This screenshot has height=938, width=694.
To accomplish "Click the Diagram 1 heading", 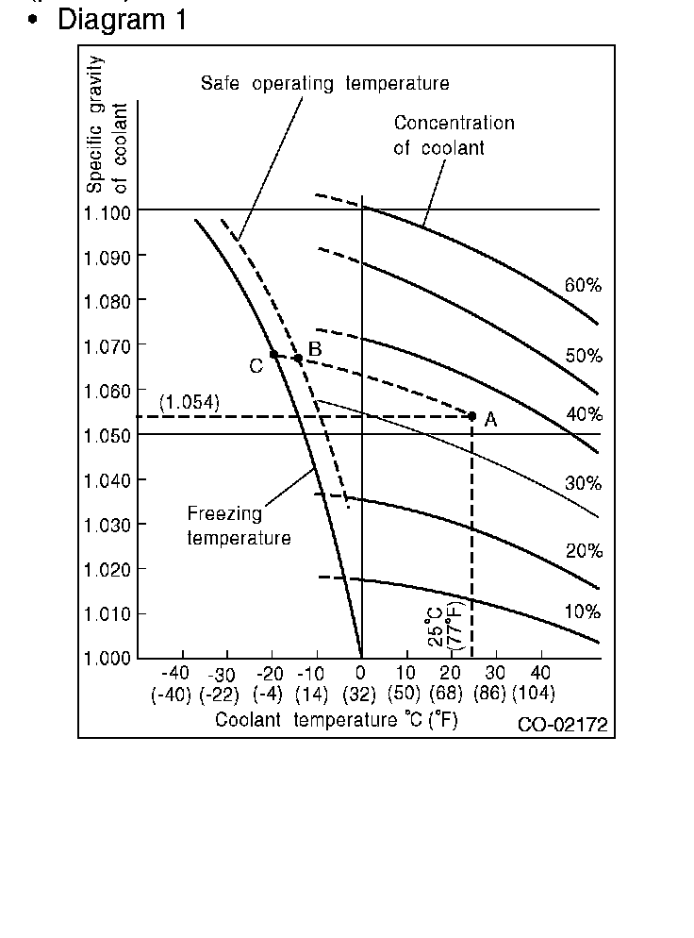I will [x=122, y=19].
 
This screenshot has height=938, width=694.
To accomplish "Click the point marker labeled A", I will [x=472, y=415].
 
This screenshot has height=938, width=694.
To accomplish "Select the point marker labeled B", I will [x=298, y=358].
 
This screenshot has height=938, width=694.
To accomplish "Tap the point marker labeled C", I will [x=273, y=355].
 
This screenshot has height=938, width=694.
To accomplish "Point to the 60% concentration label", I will [x=583, y=285].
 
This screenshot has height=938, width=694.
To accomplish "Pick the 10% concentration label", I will [x=583, y=611].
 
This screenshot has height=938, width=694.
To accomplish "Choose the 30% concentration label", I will [x=583, y=483].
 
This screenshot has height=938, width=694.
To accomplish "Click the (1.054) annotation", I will [x=190, y=402].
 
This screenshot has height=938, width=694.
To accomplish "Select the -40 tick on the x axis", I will [x=175, y=673].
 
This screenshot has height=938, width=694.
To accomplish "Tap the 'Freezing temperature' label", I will [x=239, y=526].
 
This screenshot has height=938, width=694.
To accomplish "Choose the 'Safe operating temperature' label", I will [x=324, y=83].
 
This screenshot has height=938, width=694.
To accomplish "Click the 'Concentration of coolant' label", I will [x=454, y=135].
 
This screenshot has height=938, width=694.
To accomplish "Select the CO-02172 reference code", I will [x=562, y=724].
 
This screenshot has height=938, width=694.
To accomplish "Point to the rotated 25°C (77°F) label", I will [x=444, y=627].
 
